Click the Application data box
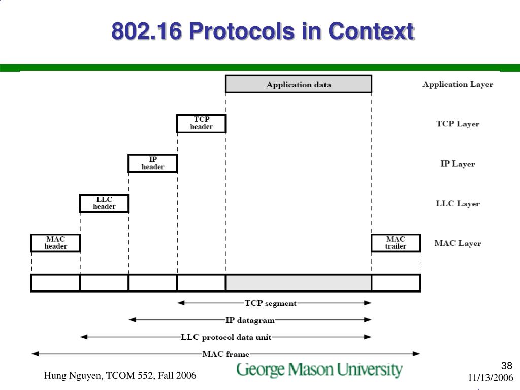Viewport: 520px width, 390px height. [299, 84]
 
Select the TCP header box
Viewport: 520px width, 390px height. [201, 123]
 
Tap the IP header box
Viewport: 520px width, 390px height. [153, 164]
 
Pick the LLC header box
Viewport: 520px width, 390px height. [104, 203]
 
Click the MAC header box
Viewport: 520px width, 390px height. [56, 243]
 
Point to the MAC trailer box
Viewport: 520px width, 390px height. [396, 243]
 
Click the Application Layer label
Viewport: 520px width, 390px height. [458, 84]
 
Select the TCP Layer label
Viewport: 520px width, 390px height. [458, 124]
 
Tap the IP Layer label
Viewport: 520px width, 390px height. [458, 164]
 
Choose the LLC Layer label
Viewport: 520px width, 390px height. [458, 204]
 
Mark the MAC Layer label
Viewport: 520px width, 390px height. [458, 243]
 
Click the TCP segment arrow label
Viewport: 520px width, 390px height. [271, 303]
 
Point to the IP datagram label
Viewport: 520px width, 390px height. [250, 320]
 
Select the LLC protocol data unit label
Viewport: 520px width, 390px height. [226, 337]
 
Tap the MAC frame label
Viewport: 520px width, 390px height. [226, 354]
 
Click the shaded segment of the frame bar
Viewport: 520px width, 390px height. [299, 283]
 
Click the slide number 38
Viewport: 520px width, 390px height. [507, 366]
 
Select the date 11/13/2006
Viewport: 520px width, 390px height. [491, 378]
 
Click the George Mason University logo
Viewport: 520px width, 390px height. [319, 370]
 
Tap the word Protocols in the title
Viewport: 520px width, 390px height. [241, 31]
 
